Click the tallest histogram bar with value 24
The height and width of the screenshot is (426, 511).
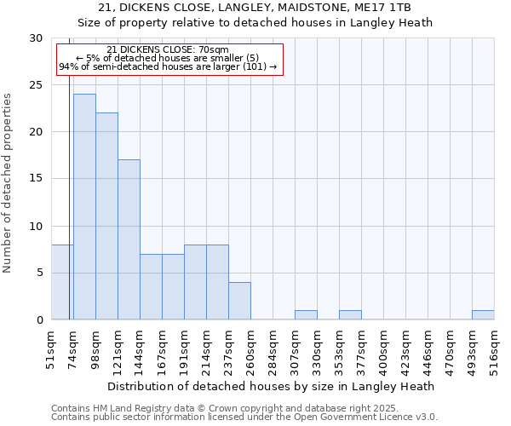pos(84,207)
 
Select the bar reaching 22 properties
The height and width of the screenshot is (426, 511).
pos(106,216)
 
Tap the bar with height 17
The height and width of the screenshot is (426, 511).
pos(129,239)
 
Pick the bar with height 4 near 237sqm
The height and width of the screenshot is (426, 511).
pos(239,301)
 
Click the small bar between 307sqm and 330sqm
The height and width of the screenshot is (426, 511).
pos(306,315)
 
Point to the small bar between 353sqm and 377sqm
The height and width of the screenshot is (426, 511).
pos(350,315)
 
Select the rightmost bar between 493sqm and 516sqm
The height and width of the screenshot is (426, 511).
pos(483,315)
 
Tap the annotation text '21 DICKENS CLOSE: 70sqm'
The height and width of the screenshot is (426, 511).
pos(168,50)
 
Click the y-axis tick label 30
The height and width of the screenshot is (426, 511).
pos(36,38)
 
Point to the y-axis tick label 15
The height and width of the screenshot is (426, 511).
pos(36,179)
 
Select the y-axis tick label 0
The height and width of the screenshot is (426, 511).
pos(39,320)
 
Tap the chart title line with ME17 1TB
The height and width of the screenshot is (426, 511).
pos(255,8)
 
